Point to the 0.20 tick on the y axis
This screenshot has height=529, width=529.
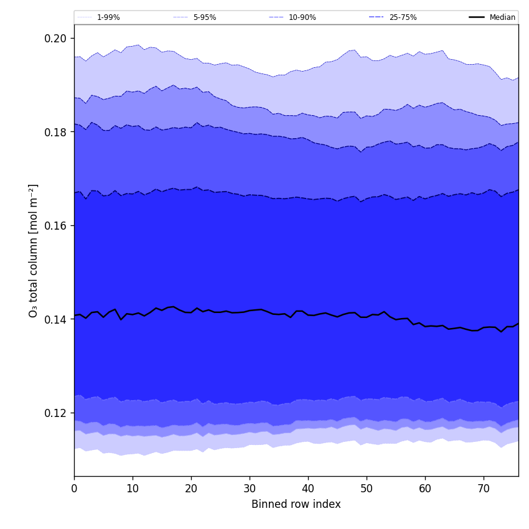click(56, 39)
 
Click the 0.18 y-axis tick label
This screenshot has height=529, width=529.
click(56, 132)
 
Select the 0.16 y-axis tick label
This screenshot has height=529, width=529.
click(56, 226)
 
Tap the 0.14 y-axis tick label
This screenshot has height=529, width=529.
click(56, 319)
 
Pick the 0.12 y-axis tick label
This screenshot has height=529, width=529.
click(56, 413)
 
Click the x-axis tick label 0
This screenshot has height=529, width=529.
click(74, 489)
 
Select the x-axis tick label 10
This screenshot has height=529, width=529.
click(133, 489)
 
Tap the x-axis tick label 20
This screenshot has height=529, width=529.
click(191, 489)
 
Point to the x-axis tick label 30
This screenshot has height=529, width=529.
click(250, 489)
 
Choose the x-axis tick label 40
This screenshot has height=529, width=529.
click(308, 489)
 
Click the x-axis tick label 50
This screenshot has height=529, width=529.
click(367, 489)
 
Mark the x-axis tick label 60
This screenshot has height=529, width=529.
click(425, 489)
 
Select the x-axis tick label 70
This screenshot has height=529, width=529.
click(484, 489)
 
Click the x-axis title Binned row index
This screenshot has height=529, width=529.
click(296, 505)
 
